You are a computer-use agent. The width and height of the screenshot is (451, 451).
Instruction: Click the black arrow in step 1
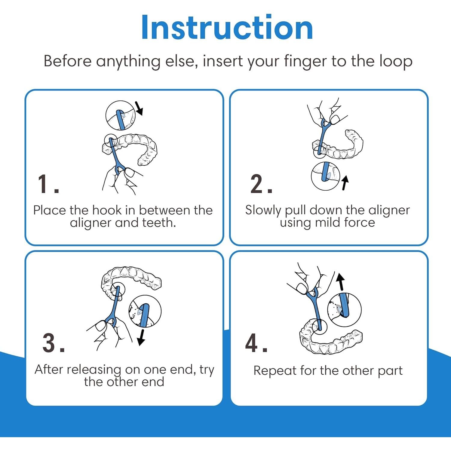pos(139,108)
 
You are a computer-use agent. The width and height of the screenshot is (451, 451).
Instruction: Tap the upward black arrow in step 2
pos(345,183)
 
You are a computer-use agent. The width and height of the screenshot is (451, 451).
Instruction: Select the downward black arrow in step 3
pos(141,337)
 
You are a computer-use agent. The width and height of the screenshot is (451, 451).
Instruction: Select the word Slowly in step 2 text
pos(263,210)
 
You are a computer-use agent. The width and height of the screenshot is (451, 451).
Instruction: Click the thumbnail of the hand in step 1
pos(130,173)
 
